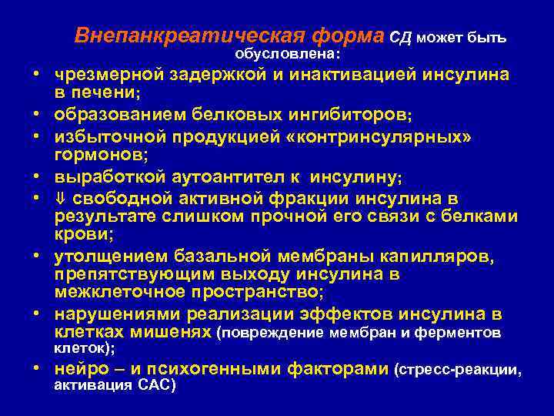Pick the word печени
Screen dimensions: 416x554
[105, 93]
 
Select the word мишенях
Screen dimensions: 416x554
[172, 333]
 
